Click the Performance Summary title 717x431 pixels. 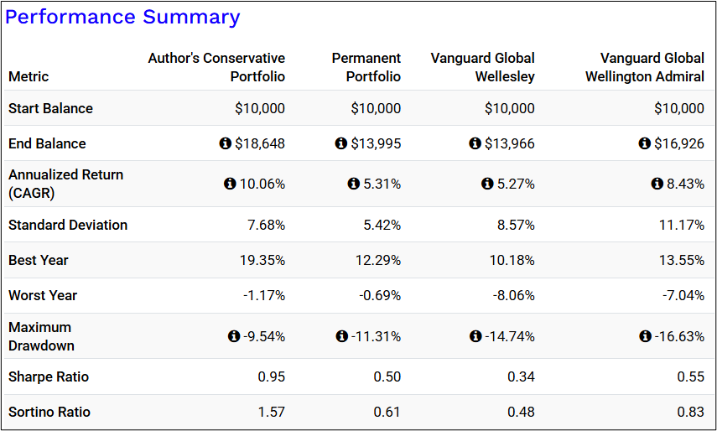(x=122, y=17)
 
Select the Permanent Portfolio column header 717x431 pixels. (x=366, y=67)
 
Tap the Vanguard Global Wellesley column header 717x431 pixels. (x=483, y=67)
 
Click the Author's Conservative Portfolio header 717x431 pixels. (x=216, y=67)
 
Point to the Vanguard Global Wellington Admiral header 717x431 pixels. (x=652, y=67)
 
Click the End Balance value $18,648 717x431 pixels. (x=260, y=143)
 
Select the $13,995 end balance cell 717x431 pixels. (x=376, y=143)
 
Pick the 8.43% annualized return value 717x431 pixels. (x=685, y=184)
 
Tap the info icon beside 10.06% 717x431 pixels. (x=230, y=184)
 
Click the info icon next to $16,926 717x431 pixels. (x=645, y=143)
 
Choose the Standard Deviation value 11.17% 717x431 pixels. (x=681, y=225)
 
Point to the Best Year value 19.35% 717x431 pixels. (x=262, y=260)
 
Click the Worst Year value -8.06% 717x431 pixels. (x=512, y=295)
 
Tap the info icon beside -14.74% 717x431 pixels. (x=476, y=336)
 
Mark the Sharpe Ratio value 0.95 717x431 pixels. (x=271, y=376)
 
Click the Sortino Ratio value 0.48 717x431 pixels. (x=521, y=412)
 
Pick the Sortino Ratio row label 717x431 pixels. (x=49, y=412)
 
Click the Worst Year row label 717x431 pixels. (x=43, y=295)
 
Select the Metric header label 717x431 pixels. (x=29, y=76)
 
